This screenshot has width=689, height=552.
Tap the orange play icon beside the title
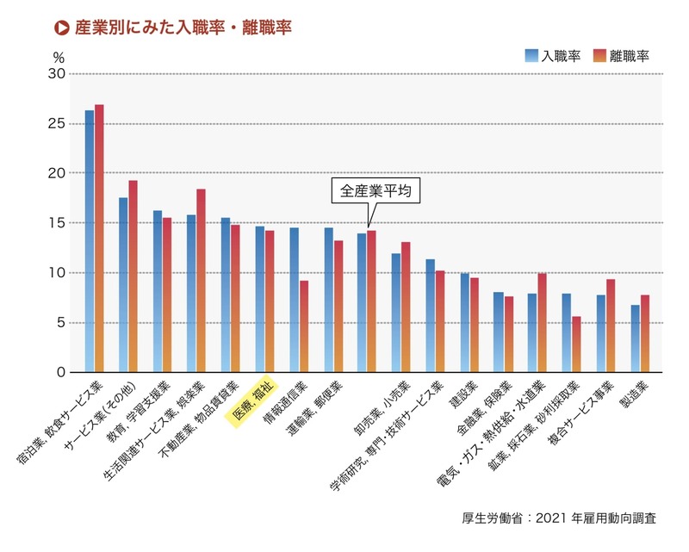(62, 28)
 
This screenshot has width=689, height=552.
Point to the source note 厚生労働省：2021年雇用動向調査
(559, 518)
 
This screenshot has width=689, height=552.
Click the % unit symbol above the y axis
(59, 57)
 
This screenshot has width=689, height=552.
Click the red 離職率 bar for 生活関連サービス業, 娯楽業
(201, 281)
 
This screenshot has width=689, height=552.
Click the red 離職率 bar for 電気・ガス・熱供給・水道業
(543, 323)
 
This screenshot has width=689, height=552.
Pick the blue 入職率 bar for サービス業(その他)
(123, 285)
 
